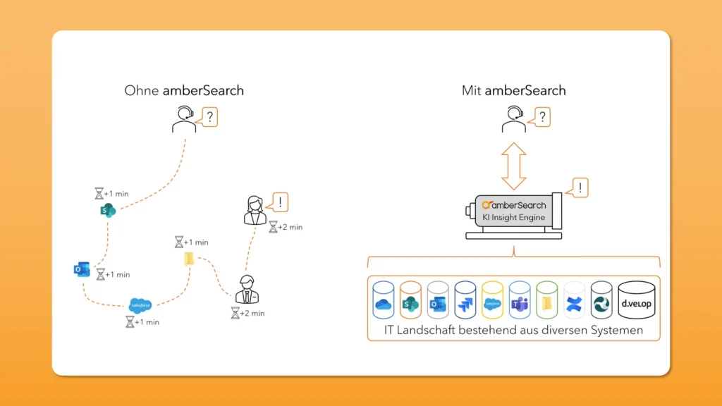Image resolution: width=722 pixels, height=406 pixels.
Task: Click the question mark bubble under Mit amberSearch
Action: click(x=541, y=116)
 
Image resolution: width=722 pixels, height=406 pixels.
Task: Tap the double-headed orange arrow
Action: click(x=513, y=164)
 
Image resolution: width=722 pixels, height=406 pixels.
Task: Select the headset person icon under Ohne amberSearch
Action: click(x=184, y=120)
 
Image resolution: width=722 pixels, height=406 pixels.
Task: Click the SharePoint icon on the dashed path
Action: click(x=108, y=210)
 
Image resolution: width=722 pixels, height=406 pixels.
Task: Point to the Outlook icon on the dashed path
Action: click(x=82, y=269)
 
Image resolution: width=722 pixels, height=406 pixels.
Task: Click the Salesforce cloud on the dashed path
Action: click(x=140, y=305)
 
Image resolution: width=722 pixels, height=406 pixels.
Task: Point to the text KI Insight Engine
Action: click(x=513, y=217)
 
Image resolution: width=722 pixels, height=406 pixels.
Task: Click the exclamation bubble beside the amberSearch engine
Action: click(x=578, y=187)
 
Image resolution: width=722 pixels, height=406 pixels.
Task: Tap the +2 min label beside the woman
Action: click(x=290, y=227)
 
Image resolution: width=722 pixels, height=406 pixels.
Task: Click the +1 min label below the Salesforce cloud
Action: click(x=147, y=322)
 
